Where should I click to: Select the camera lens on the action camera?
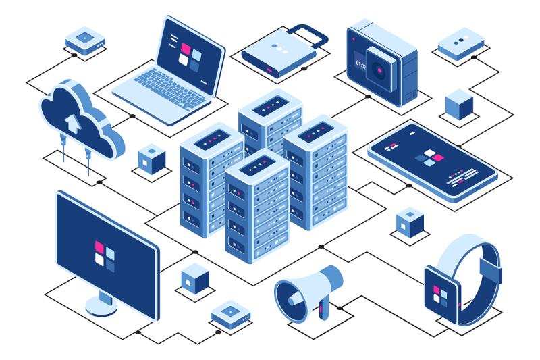[379, 70]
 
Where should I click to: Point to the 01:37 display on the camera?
[360, 64]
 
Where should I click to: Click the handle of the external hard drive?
[308, 34]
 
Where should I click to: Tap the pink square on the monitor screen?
[99, 247]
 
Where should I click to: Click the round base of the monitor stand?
[101, 307]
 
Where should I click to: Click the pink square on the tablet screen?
[438, 158]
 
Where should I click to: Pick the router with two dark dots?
[461, 44]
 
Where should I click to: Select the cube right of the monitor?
[195, 279]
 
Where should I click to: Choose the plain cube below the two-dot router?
[459, 105]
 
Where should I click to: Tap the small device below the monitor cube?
[231, 315]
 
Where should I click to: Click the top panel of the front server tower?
[257, 165]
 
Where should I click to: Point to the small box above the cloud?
[85, 41]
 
